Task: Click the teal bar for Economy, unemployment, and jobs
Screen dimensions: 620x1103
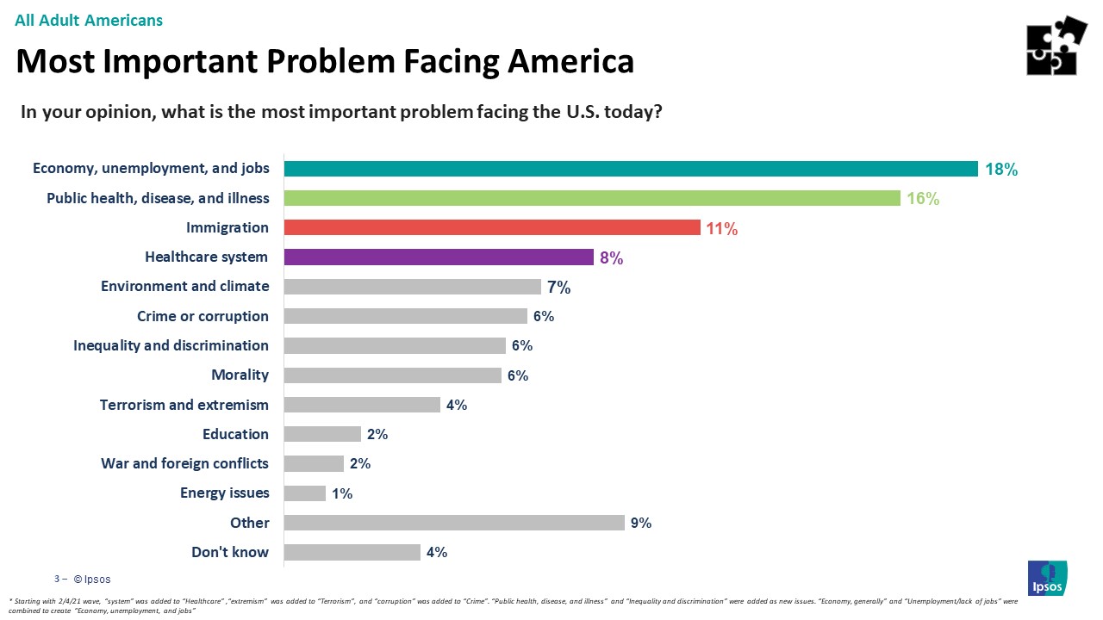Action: tap(631, 169)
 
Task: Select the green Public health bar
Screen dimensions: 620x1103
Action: tap(592, 198)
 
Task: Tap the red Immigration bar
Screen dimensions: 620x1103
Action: tap(491, 227)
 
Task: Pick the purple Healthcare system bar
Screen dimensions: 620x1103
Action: tap(439, 257)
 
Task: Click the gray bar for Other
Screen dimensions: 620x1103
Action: tap(454, 523)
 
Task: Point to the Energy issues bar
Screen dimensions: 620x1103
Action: tap(305, 493)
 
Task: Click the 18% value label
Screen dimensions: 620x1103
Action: tap(1001, 170)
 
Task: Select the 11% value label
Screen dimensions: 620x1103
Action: tap(721, 229)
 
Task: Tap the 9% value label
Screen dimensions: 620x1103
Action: tap(640, 523)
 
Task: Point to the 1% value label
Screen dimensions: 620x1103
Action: tap(342, 493)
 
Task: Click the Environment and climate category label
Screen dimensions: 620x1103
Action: tap(184, 286)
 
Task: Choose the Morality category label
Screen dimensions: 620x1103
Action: tap(240, 375)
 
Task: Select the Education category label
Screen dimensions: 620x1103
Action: tap(235, 434)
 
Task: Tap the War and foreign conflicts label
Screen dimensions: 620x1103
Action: tap(184, 463)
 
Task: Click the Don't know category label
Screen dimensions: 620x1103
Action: tap(230, 552)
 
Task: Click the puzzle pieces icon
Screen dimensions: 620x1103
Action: tap(1056, 46)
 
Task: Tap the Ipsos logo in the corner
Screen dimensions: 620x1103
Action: tap(1047, 578)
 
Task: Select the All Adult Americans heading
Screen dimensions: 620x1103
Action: tap(89, 20)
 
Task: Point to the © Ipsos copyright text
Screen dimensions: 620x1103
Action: tap(91, 579)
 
